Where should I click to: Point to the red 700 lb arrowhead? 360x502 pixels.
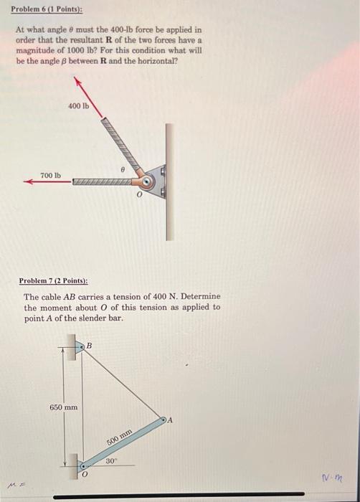point(29,182)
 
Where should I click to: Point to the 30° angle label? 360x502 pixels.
point(113,461)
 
